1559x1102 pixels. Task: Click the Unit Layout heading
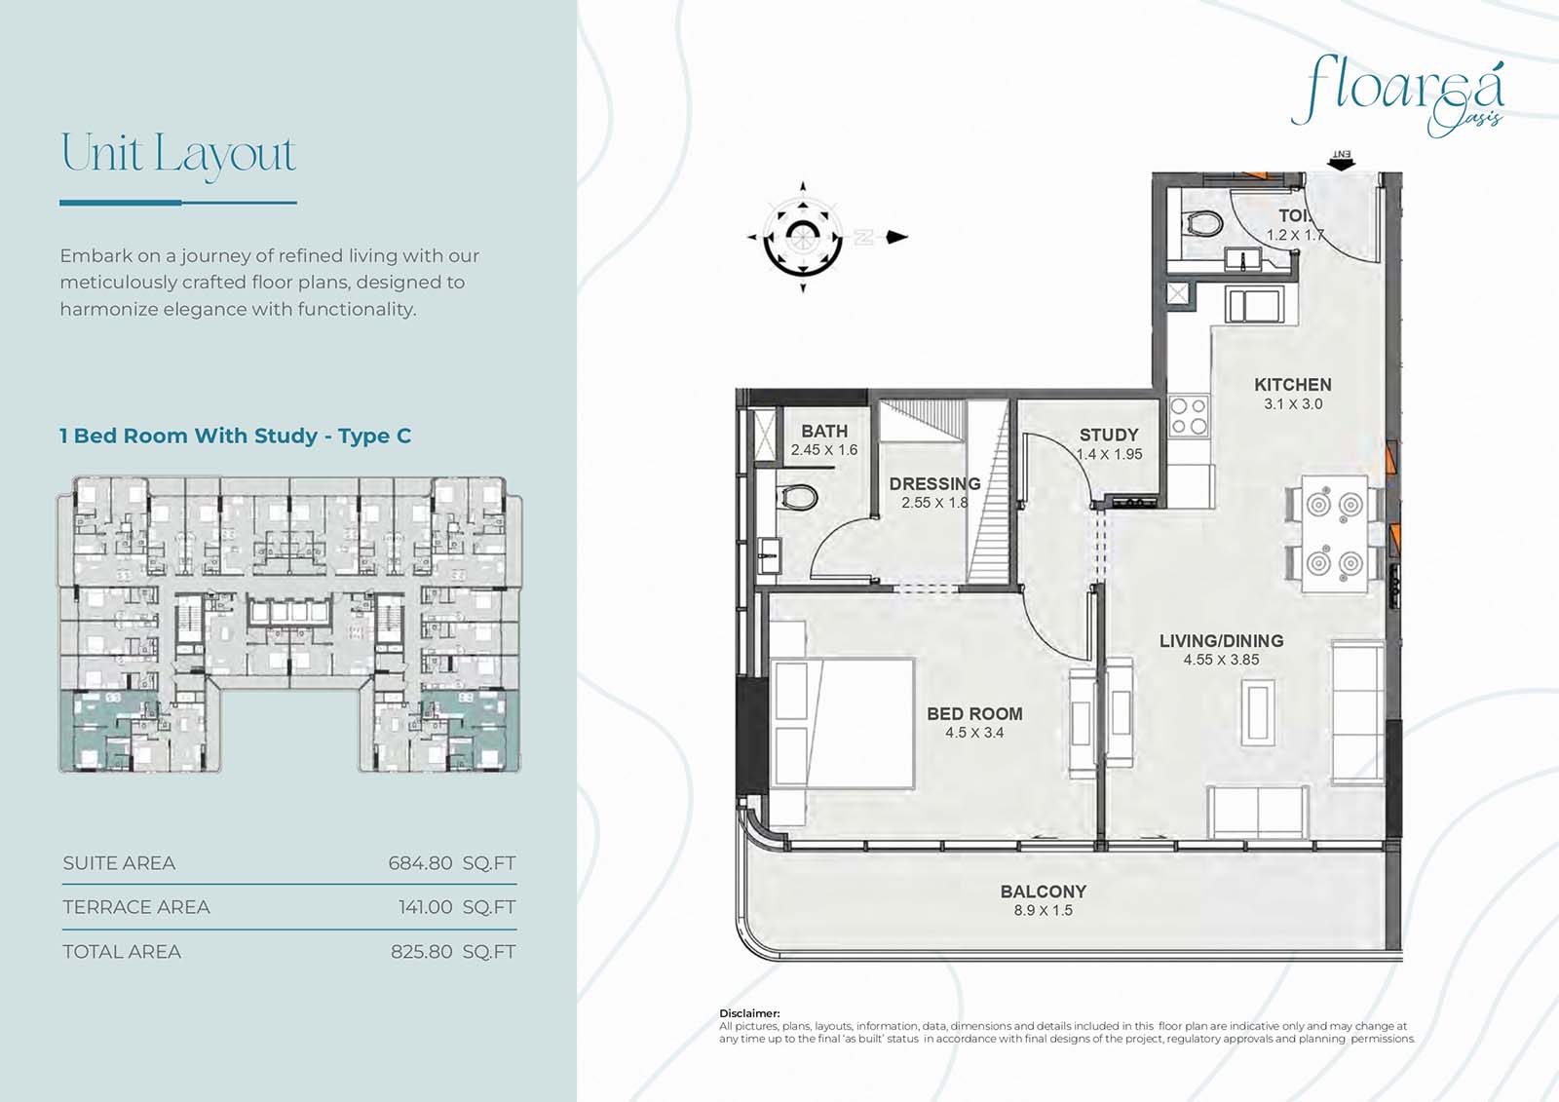click(178, 155)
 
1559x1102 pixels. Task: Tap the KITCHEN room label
click(1292, 384)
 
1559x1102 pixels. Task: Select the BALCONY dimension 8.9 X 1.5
click(1043, 911)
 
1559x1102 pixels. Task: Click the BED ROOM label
click(974, 713)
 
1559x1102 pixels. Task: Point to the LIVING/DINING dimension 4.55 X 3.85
click(1222, 660)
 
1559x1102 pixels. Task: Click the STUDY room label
click(1109, 435)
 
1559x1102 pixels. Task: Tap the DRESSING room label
click(934, 484)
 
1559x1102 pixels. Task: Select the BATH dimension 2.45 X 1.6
click(824, 450)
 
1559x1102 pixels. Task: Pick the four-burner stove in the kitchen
click(1189, 416)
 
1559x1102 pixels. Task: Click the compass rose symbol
click(803, 238)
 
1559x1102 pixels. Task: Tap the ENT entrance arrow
click(1341, 161)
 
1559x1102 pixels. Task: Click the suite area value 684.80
click(420, 863)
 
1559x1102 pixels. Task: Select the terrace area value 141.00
click(425, 907)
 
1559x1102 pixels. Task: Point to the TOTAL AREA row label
click(122, 952)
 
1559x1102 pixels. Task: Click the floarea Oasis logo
click(1398, 97)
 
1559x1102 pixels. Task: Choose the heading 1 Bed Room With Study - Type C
click(235, 436)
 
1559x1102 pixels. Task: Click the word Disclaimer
click(749, 1013)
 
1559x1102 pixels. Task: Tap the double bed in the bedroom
click(842, 723)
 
